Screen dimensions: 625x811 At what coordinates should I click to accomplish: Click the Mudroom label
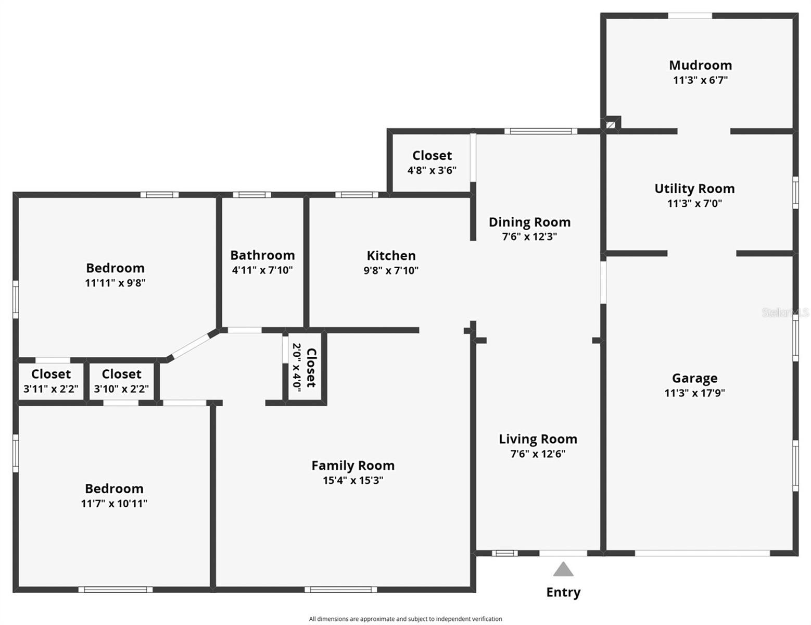(x=700, y=65)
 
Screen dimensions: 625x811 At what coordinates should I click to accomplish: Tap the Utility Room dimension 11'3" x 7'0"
(x=694, y=204)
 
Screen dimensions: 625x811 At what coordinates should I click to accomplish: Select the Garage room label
(x=694, y=378)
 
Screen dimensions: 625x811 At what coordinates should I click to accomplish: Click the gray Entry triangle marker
(x=563, y=570)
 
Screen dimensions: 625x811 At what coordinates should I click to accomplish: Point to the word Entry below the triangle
(x=563, y=592)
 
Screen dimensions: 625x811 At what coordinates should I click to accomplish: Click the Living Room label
(x=538, y=439)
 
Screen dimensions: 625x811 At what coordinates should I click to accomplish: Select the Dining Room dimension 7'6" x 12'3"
(x=529, y=236)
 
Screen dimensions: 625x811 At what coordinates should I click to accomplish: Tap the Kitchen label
(x=391, y=256)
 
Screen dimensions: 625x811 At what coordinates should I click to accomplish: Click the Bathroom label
(x=262, y=255)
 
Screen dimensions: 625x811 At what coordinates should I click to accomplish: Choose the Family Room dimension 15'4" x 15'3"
(x=353, y=480)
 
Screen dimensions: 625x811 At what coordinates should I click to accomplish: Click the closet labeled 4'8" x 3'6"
(x=432, y=162)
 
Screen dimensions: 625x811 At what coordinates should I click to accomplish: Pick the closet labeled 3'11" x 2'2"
(x=51, y=381)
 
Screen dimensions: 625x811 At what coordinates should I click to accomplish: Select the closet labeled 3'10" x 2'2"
(x=121, y=381)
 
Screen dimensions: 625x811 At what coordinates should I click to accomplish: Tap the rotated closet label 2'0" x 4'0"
(x=304, y=367)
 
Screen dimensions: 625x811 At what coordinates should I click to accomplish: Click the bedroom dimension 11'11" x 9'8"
(x=115, y=283)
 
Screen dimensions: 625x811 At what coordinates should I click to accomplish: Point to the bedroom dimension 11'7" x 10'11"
(x=114, y=504)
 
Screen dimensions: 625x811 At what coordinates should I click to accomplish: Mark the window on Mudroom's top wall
(x=690, y=16)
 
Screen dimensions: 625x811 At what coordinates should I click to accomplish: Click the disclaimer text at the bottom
(x=405, y=619)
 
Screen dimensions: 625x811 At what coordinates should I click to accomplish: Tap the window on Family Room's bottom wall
(x=341, y=590)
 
